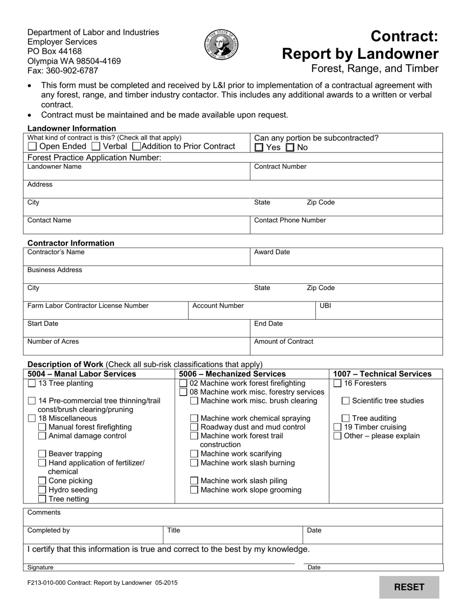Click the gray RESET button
click(409, 587)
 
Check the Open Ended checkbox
click(32, 147)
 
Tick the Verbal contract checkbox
click(97, 147)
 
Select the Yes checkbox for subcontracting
click(259, 148)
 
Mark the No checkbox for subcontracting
click(290, 148)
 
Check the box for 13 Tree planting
click(32, 383)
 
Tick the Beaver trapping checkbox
click(43, 454)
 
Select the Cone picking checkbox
click(43, 481)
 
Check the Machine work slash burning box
click(194, 463)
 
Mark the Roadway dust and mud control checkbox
click(194, 427)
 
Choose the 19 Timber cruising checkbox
click(337, 427)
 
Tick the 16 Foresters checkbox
click(337, 383)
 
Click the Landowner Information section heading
click(72, 128)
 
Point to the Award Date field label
click(272, 252)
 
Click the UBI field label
click(325, 306)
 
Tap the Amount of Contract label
click(284, 342)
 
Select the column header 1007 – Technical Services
click(382, 374)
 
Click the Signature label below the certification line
click(40, 568)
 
